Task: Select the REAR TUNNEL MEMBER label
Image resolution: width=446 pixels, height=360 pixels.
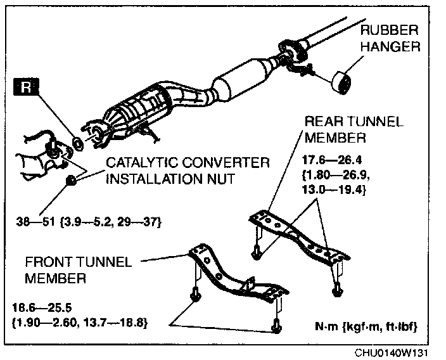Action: pos(353,129)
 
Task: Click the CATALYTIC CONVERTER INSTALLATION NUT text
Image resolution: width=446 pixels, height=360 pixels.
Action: pos(187,170)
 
